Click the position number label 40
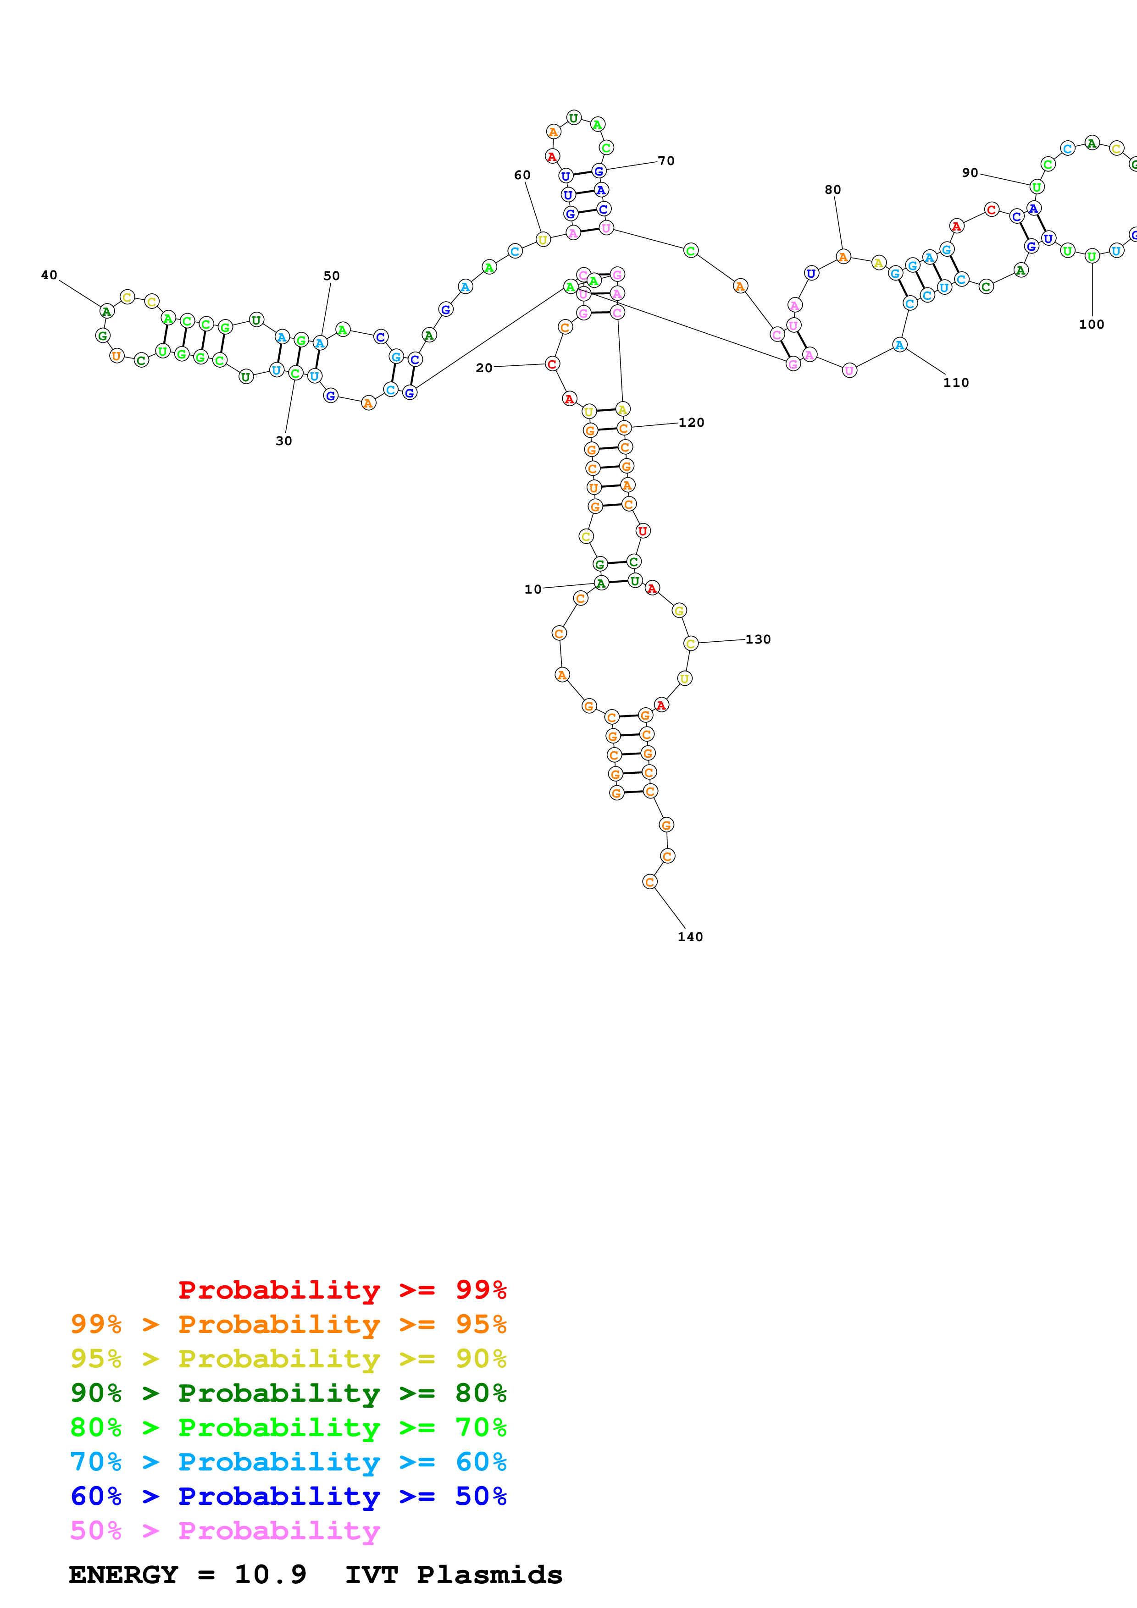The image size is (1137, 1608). (x=49, y=275)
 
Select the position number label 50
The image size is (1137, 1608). (x=331, y=276)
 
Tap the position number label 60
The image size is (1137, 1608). (x=522, y=175)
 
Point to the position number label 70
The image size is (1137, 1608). (x=666, y=161)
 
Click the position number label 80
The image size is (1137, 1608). (x=832, y=190)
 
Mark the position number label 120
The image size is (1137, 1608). (x=692, y=422)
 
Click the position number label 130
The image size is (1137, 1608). (x=758, y=639)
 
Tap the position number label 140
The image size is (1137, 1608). (x=690, y=937)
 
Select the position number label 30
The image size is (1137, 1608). (x=284, y=441)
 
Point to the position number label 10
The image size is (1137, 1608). (x=533, y=589)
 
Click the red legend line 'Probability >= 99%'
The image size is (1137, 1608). (x=343, y=1289)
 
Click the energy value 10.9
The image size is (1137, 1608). (x=271, y=1575)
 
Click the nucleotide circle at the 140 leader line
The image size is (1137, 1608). (x=650, y=882)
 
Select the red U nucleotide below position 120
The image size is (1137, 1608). (x=643, y=531)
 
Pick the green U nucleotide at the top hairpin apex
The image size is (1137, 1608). (x=574, y=118)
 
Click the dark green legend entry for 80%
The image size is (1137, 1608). (x=288, y=1393)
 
